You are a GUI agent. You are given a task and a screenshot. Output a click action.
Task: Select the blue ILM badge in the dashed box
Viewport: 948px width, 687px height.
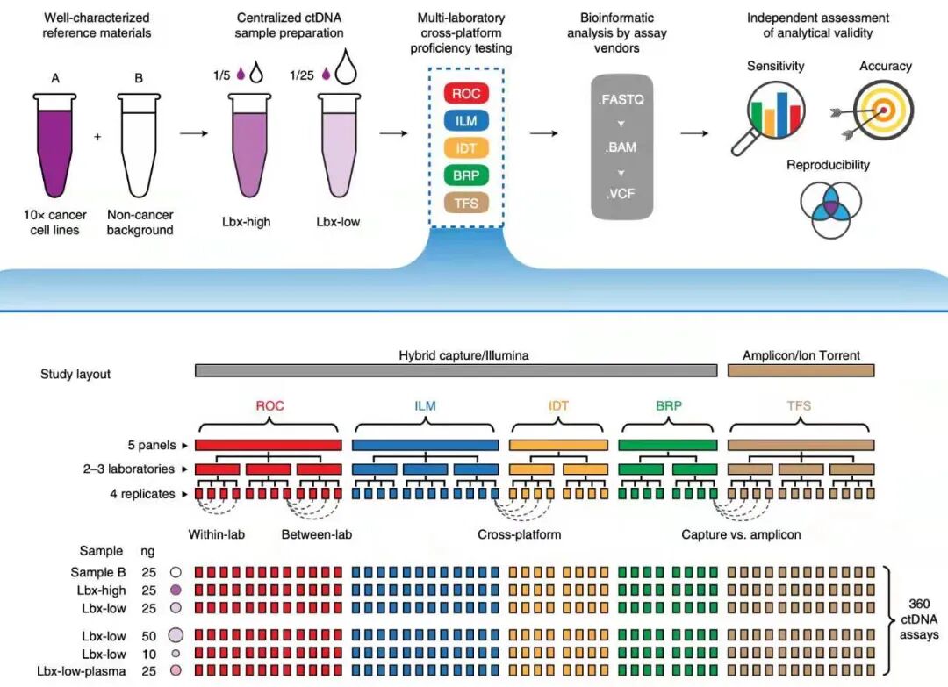coord(466,121)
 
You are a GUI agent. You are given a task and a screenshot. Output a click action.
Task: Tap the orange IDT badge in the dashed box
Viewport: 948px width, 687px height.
coord(466,148)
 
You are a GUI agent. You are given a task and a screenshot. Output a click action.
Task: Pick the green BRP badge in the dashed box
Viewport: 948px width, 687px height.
coord(466,175)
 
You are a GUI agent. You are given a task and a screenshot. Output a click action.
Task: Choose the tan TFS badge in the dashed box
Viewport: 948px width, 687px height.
coord(466,203)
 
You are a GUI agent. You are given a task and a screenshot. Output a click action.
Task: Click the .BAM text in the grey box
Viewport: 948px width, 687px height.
coord(622,147)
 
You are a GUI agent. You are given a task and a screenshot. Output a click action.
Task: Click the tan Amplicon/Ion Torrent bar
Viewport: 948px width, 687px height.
coord(801,371)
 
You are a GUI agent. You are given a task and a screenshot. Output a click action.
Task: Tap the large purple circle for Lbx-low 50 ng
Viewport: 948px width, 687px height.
coord(176,635)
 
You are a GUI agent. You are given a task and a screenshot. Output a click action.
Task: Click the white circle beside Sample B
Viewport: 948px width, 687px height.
coord(176,572)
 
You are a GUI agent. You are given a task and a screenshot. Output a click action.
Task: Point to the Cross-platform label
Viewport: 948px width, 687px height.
coord(519,534)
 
